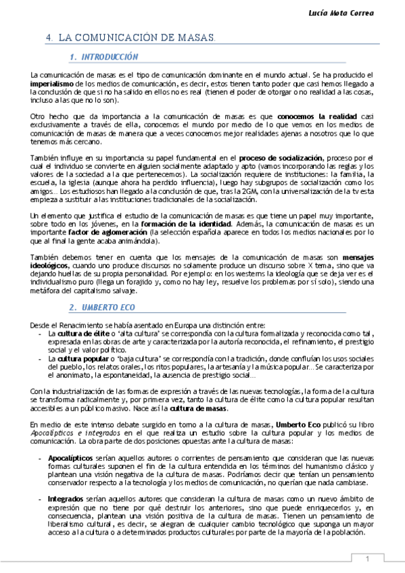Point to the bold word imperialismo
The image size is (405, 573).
point(52,84)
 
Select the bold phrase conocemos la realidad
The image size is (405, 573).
point(317,117)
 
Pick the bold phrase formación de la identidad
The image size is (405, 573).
point(180,224)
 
